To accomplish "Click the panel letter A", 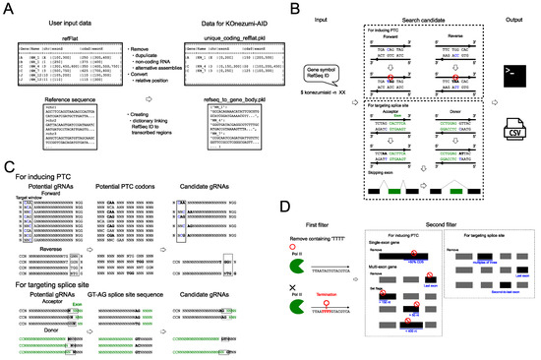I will click(8, 8).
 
